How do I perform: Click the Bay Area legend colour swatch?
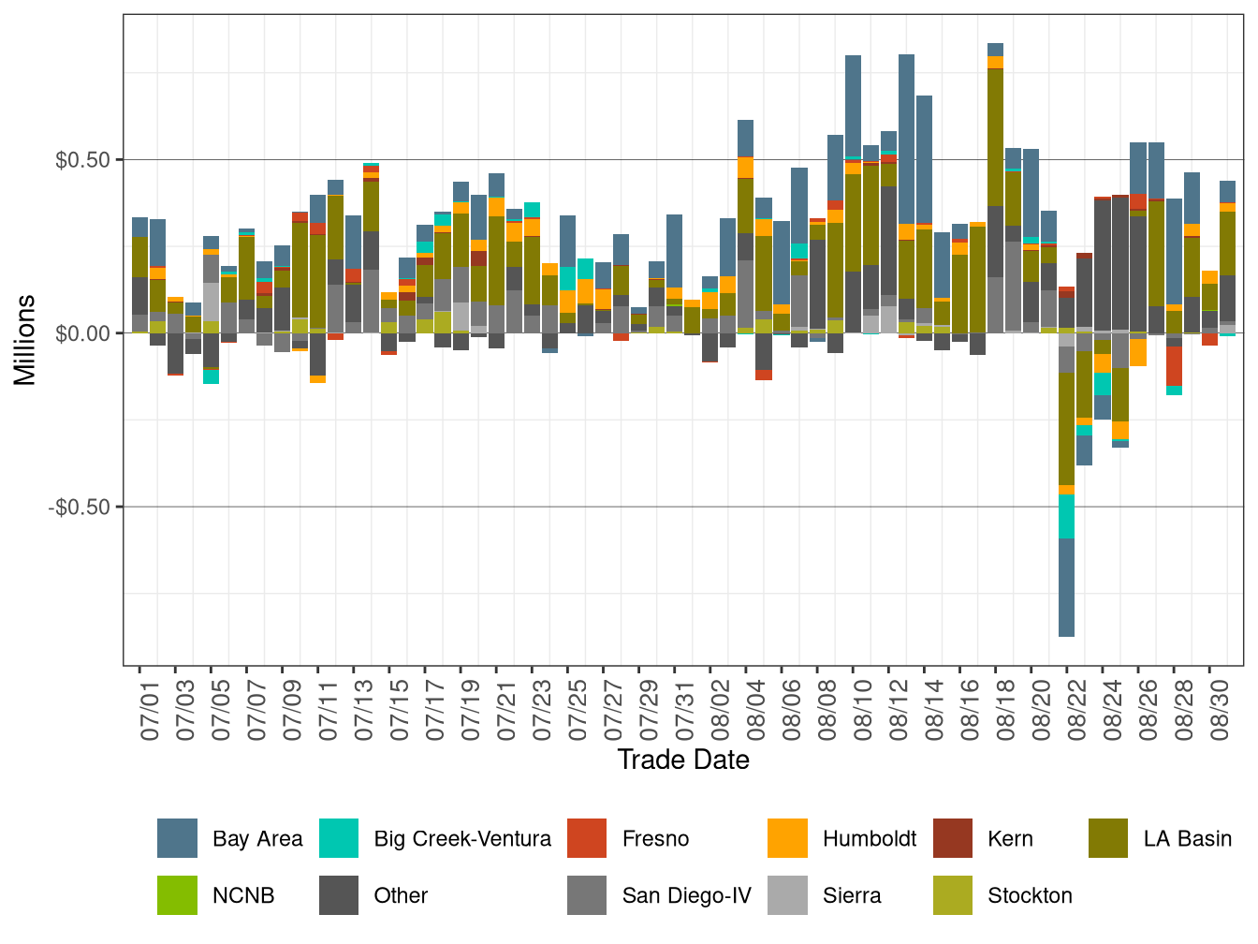pyautogui.click(x=177, y=838)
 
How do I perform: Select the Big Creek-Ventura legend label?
pyautogui.click(x=461, y=838)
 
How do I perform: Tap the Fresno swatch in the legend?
pyautogui.click(x=587, y=838)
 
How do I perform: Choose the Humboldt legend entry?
pyautogui.click(x=869, y=838)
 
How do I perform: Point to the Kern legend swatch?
pyautogui.click(x=953, y=838)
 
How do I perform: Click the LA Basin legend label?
pyautogui.click(x=1187, y=838)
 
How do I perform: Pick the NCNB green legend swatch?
pyautogui.click(x=177, y=895)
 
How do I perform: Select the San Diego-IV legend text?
pyautogui.click(x=686, y=895)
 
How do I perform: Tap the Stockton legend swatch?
pyautogui.click(x=953, y=895)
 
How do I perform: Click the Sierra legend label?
pyautogui.click(x=851, y=895)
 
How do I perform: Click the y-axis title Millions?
pyautogui.click(x=25, y=339)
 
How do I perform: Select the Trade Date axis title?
pyautogui.click(x=683, y=760)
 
